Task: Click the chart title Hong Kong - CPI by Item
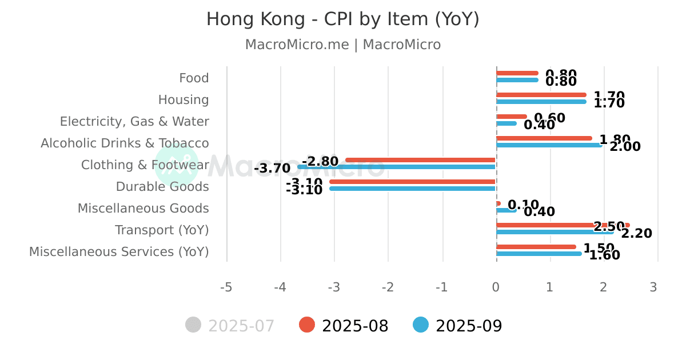[x=342, y=19]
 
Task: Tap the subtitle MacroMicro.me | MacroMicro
[x=342, y=45]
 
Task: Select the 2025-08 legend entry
[x=344, y=326]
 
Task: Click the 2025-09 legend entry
[x=457, y=326]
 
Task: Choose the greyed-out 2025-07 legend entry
[x=230, y=326]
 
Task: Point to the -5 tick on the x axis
[x=226, y=287]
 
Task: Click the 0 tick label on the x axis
[x=496, y=287]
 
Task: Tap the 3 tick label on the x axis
[x=653, y=287]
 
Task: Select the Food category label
[x=194, y=78]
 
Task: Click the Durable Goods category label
[x=162, y=186]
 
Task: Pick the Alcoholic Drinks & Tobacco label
[x=125, y=143]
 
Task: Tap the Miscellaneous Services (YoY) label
[x=119, y=251]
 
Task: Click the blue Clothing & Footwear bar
[x=396, y=167]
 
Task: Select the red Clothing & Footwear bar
[x=420, y=160]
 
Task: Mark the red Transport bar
[x=563, y=225]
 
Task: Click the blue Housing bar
[x=541, y=102]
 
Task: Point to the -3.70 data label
[x=272, y=169]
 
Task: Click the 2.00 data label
[x=625, y=147]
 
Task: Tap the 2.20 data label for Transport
[x=636, y=233]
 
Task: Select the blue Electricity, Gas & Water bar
[x=506, y=123]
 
